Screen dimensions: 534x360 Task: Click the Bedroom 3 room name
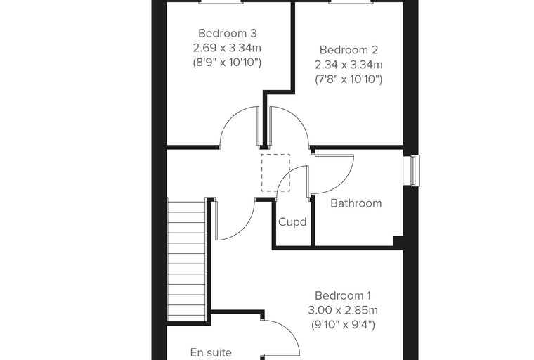point(227,34)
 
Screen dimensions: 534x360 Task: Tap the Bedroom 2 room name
point(349,50)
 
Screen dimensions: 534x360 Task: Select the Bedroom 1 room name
point(343,295)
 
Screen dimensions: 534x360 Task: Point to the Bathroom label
point(356,203)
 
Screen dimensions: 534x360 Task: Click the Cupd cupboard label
point(292,222)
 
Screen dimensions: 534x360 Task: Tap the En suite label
point(211,352)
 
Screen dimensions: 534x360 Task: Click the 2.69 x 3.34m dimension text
point(227,48)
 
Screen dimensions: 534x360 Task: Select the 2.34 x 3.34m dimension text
point(349,65)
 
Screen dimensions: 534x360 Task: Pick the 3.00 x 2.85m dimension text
point(343,310)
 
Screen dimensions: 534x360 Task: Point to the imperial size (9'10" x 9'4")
point(343,325)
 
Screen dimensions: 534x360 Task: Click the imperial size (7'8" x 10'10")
point(349,79)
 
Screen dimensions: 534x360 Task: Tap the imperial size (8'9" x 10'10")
point(227,63)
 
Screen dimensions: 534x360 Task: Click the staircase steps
point(186,261)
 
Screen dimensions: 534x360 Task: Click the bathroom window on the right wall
point(415,170)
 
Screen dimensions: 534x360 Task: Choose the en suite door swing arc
point(290,329)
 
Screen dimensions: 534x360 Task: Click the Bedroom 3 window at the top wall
point(221,1)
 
